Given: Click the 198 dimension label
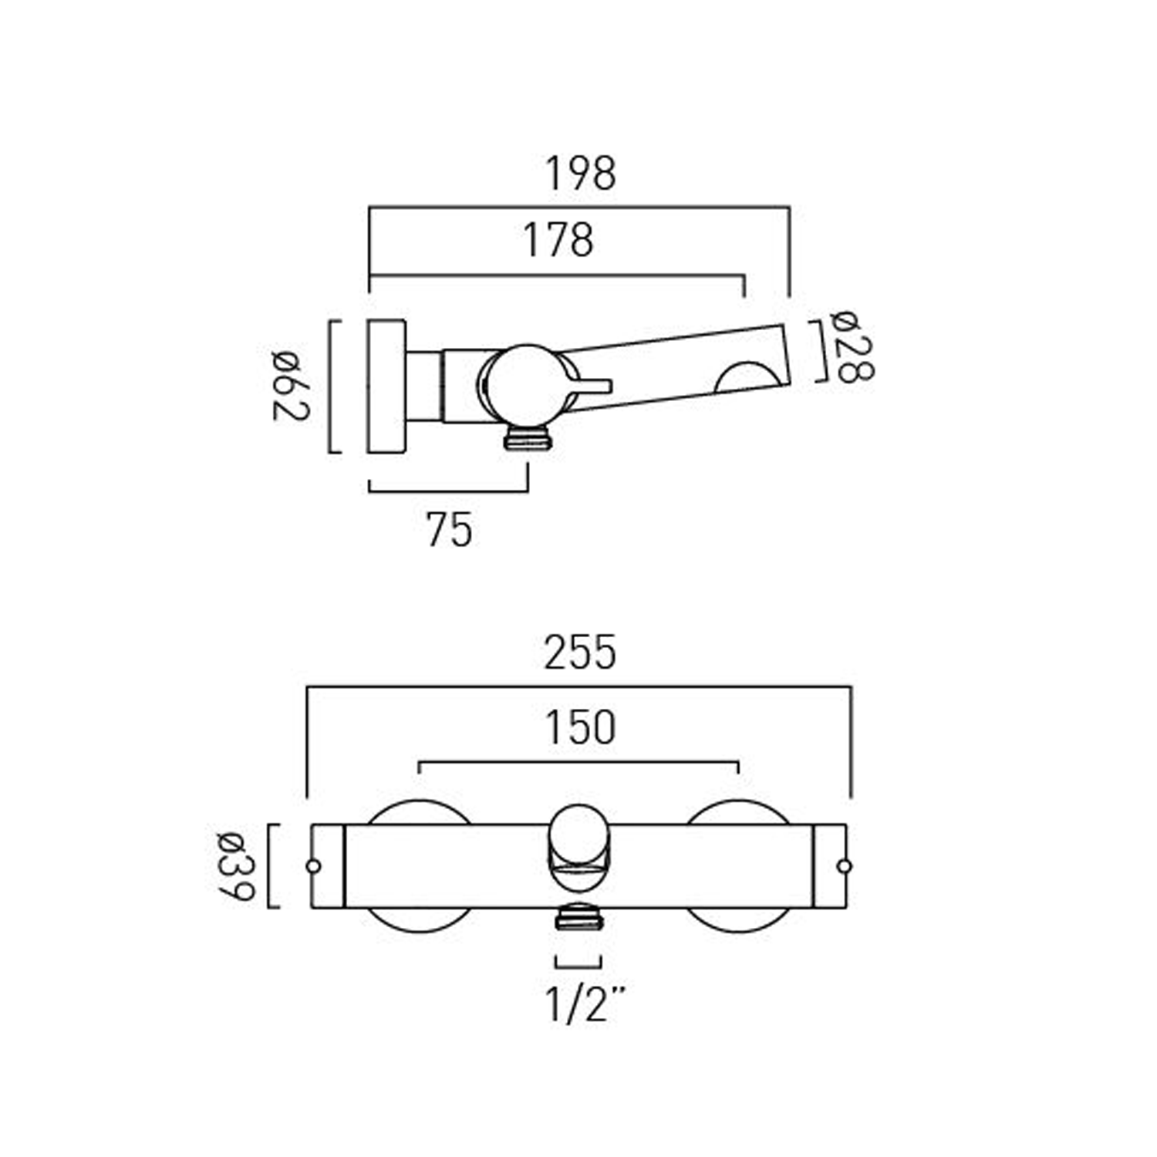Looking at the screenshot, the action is pyautogui.click(x=580, y=174).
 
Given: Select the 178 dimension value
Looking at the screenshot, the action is pyautogui.click(x=558, y=240).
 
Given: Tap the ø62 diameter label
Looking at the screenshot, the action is pyautogui.click(x=291, y=385).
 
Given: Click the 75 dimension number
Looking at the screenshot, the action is pyautogui.click(x=449, y=531).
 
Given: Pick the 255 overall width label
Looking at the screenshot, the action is pyautogui.click(x=580, y=653).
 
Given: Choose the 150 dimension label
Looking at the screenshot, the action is pyautogui.click(x=580, y=727).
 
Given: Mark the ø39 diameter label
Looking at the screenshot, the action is pyautogui.click(x=234, y=865).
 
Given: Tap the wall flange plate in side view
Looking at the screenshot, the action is pyautogui.click(x=386, y=386).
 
